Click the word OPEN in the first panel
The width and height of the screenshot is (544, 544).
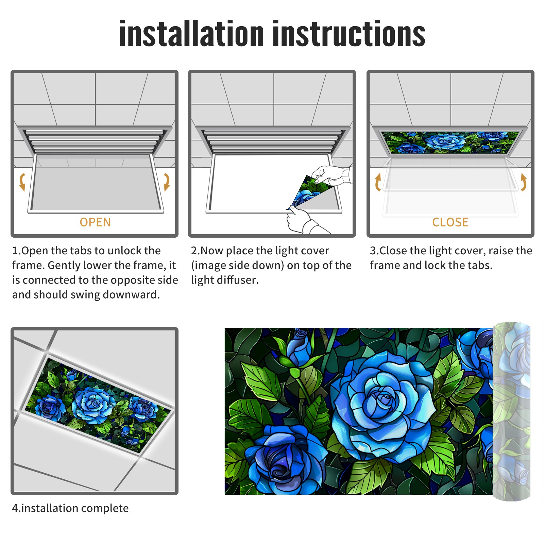coord(95,222)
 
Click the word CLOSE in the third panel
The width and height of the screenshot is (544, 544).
coord(450,222)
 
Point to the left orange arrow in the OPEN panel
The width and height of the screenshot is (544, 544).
coord(22,182)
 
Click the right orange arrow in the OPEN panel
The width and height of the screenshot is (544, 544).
coord(167,182)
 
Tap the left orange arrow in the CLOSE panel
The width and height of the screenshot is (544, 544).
coord(378,182)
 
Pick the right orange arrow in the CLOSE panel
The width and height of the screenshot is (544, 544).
coord(524,182)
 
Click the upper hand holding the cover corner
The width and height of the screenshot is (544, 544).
coord(331,175)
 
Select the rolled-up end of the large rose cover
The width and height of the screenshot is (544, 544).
coord(511,411)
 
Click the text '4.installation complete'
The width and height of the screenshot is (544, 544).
coord(70,508)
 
